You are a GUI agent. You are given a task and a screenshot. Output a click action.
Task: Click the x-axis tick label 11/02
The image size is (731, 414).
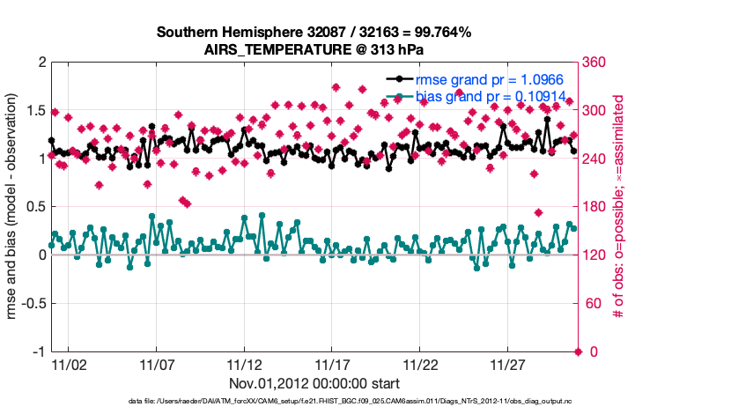[x=69, y=364]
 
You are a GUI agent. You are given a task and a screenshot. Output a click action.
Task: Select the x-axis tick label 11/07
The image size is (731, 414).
[x=157, y=364]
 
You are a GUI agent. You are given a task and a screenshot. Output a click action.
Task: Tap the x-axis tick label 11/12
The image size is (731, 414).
[x=245, y=364]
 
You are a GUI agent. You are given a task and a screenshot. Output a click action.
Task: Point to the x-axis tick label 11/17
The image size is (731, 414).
[x=333, y=364]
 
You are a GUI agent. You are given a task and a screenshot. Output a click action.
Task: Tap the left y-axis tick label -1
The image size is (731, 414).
[x=37, y=351]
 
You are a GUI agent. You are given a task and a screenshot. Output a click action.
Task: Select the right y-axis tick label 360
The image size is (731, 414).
[x=596, y=63]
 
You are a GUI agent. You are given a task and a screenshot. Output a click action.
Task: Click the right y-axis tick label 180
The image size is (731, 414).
[x=596, y=207]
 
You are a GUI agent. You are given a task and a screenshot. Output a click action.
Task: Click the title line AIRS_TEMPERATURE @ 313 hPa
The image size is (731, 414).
[x=314, y=49]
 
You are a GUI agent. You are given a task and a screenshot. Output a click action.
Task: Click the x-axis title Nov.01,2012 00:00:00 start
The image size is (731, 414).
[x=314, y=383]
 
